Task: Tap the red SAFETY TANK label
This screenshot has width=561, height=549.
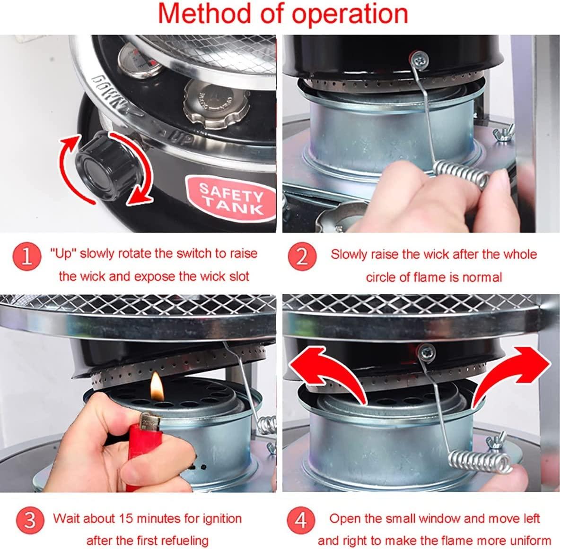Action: coord(231,199)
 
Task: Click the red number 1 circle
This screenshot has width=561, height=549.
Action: coord(27,256)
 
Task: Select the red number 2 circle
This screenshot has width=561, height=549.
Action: coord(302,256)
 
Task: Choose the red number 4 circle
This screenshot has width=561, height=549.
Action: coord(301,520)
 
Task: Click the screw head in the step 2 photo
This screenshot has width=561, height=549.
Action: coord(420,59)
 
